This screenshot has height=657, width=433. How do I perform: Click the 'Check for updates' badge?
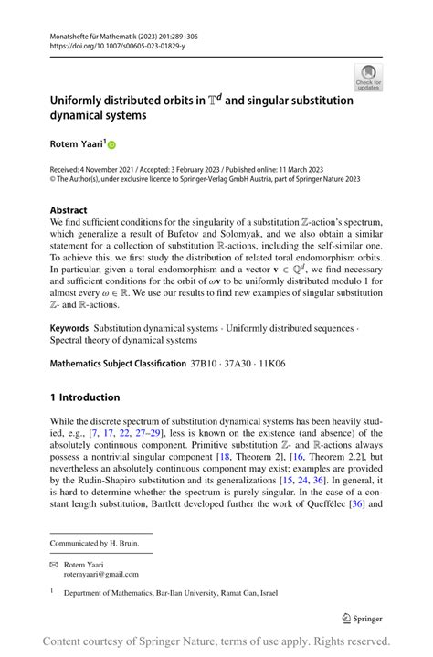(368, 78)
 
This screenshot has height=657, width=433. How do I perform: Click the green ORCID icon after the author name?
(112, 143)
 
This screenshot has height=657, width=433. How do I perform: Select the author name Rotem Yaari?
(77, 143)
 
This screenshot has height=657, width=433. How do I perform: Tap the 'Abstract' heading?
(69, 209)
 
